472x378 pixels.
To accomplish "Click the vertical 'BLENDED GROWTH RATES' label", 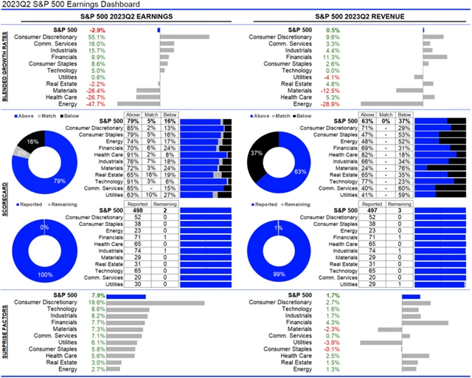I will [x=7, y=67].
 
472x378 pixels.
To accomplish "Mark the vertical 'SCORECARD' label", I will [x=7, y=199].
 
